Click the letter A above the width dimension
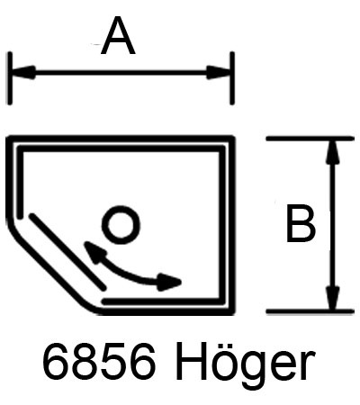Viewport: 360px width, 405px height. click(x=118, y=36)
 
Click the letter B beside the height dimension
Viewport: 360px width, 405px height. click(x=301, y=223)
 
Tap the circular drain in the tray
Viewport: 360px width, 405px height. click(x=121, y=225)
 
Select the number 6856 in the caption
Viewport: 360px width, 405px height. click(x=99, y=361)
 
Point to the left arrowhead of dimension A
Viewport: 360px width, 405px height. click(x=23, y=73)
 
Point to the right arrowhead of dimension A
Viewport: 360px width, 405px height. click(x=219, y=73)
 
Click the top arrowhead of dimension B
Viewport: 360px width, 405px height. click(x=333, y=152)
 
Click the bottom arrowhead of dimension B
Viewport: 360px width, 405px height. click(x=333, y=298)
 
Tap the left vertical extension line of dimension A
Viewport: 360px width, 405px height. click(x=10, y=78)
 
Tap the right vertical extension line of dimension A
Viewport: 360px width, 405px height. click(x=232, y=78)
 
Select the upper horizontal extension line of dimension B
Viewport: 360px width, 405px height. click(x=310, y=139)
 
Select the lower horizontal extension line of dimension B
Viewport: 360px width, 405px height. click(x=310, y=311)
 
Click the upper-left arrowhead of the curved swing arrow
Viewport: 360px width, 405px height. click(x=93, y=252)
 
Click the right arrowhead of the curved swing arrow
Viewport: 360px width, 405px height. click(x=169, y=282)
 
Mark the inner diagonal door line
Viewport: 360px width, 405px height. click(x=67, y=251)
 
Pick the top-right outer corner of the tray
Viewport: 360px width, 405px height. click(x=233, y=137)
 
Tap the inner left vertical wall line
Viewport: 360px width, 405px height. click(x=20, y=182)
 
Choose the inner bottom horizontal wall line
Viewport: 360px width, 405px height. click(x=162, y=301)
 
